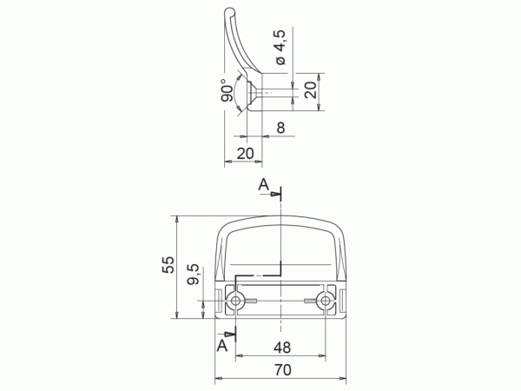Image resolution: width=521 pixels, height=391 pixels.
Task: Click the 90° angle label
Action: point(227,90)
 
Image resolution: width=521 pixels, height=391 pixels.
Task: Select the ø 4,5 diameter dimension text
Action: point(280,48)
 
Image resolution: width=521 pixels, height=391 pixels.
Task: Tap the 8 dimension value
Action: point(280,128)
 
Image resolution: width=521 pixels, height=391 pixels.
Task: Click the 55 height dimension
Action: point(168,265)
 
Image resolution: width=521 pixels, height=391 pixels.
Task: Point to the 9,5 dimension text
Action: point(193,275)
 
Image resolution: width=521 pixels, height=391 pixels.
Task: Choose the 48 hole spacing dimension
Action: point(282,348)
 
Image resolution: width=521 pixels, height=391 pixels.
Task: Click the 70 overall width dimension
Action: point(283,370)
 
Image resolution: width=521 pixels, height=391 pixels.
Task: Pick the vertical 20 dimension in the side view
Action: point(311,90)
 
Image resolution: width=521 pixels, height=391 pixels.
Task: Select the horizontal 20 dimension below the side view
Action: point(245,154)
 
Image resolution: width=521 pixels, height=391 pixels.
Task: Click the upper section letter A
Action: point(263,184)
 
